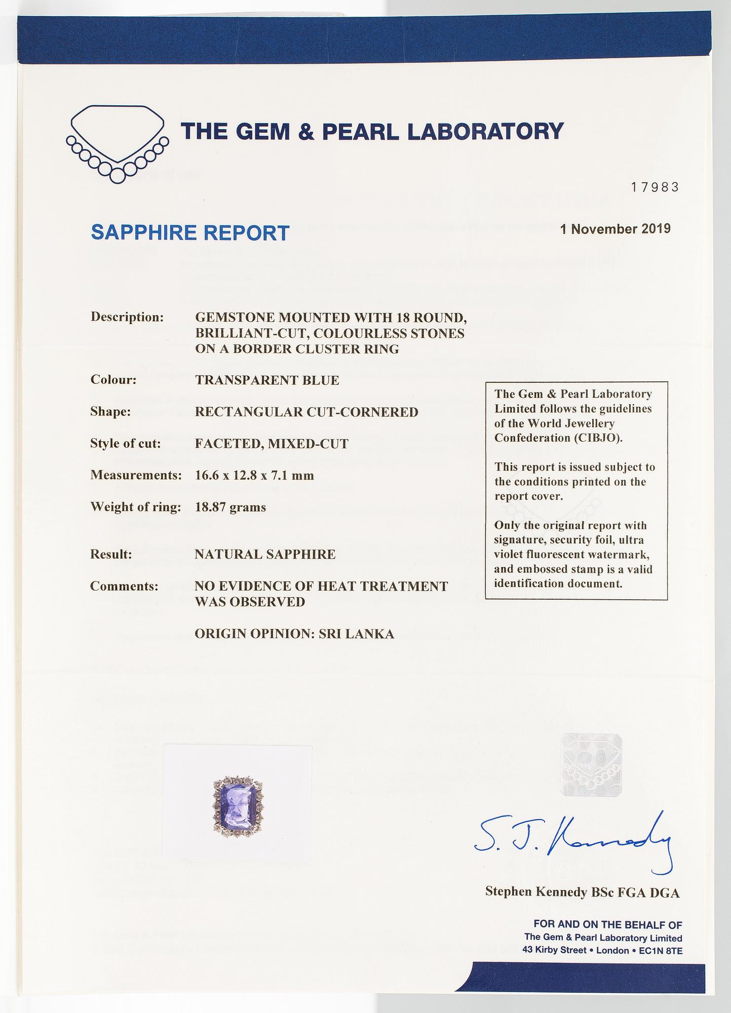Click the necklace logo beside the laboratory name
(x=117, y=143)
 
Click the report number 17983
(x=654, y=187)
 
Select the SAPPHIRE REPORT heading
(x=190, y=232)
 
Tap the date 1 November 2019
(x=615, y=228)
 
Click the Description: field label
(x=127, y=317)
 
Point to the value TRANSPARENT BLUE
(x=267, y=380)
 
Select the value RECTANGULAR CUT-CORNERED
(x=306, y=412)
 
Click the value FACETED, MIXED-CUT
(x=272, y=444)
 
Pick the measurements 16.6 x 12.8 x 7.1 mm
(x=254, y=476)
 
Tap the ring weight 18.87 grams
(x=230, y=507)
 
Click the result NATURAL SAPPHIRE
(x=265, y=554)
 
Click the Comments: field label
(x=124, y=586)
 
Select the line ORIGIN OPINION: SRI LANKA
(x=294, y=634)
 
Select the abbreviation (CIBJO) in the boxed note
(x=598, y=438)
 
